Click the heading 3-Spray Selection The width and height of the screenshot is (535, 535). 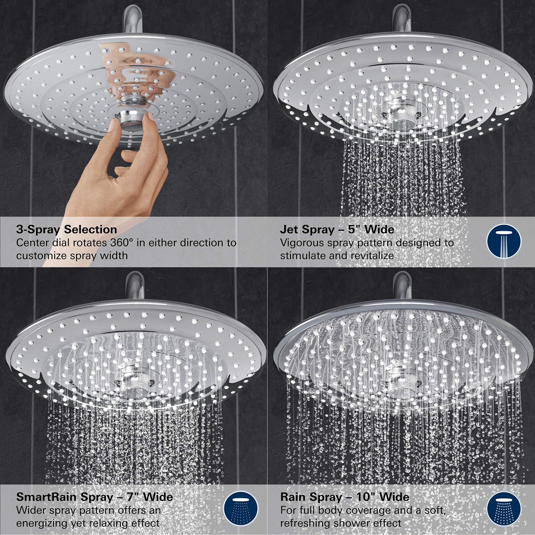[x=66, y=229]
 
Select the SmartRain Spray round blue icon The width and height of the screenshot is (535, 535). [x=240, y=508]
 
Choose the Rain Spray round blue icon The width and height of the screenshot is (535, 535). [x=504, y=508]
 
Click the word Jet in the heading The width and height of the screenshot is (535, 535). [x=289, y=229]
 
